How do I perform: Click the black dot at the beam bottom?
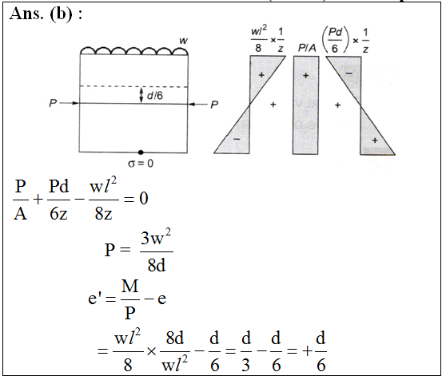pos(141,152)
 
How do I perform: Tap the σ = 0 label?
pos(141,164)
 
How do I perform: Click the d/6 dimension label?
pos(155,96)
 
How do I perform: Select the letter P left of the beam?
pos(53,103)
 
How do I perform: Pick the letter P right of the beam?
pos(214,105)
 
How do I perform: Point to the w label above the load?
pos(184,41)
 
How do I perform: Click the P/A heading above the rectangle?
pos(307,49)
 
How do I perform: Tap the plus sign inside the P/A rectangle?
pos(306,76)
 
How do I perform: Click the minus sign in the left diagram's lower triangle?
pos(237,139)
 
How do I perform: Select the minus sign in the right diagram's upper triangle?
pos(349,73)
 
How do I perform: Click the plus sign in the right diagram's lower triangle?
pos(375,141)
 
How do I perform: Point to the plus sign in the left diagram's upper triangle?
pos(261,75)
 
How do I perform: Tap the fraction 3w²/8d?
pos(157,251)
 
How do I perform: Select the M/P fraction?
pos(130,299)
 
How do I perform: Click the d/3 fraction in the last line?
pos(246,351)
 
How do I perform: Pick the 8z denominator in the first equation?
pos(103,213)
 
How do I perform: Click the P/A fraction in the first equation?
pos(21,200)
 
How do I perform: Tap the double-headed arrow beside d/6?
pos(141,96)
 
